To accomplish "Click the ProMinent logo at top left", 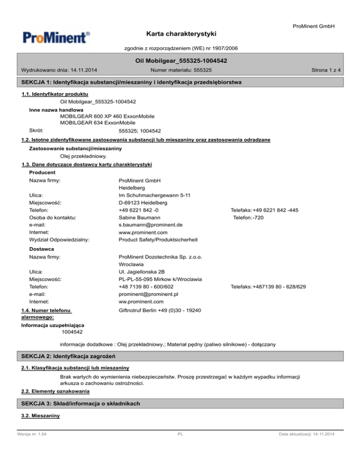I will click(55, 37).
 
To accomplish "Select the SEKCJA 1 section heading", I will click(132, 83).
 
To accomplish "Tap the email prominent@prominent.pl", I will click(149, 294).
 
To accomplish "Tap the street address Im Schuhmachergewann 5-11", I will click(155, 195).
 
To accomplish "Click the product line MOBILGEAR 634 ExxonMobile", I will click(101, 122).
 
